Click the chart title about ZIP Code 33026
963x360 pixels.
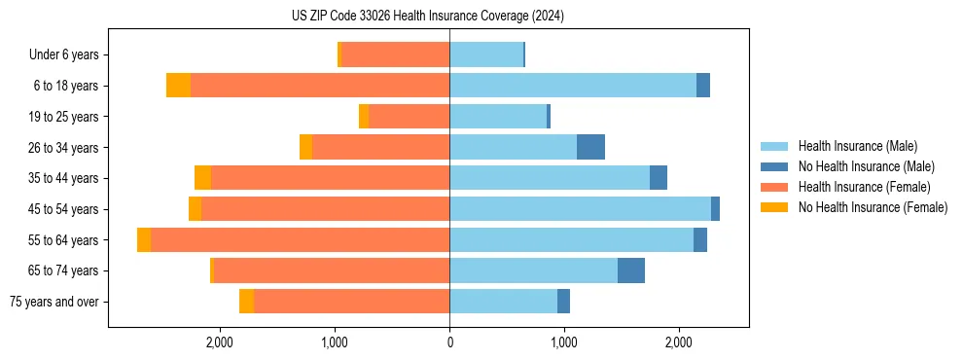[x=427, y=17]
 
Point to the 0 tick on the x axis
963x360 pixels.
[x=449, y=342]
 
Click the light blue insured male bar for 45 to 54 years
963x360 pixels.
[x=580, y=209]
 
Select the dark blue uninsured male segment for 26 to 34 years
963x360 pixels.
[x=590, y=147]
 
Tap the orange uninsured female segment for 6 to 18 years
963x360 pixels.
[x=178, y=86]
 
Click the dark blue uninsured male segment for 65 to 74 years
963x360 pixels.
[x=631, y=270]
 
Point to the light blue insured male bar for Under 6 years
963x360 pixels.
[x=486, y=54]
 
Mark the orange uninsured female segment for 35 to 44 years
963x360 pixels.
[x=202, y=178]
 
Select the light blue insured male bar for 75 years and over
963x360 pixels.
[x=503, y=302]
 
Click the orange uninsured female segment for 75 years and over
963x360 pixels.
[x=246, y=302]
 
